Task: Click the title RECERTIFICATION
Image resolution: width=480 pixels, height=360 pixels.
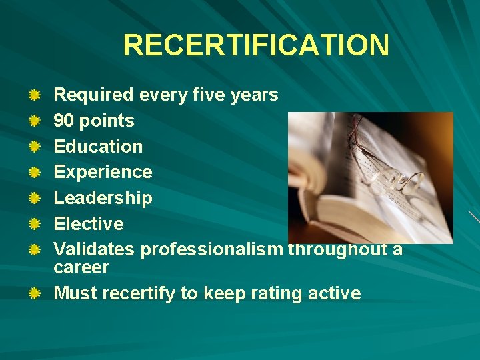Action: click(x=256, y=45)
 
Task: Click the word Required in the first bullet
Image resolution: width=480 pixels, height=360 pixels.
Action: click(x=93, y=95)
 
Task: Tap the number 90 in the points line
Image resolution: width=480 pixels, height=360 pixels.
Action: click(x=64, y=121)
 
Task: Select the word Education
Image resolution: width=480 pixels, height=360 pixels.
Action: click(x=98, y=147)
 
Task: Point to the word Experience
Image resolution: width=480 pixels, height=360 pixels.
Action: click(x=103, y=172)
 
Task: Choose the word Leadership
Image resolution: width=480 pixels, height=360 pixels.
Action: click(x=103, y=198)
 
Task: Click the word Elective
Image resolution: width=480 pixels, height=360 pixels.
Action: click(x=89, y=223)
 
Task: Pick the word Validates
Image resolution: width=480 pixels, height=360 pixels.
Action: click(x=94, y=249)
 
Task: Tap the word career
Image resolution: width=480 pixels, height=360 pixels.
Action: click(x=81, y=267)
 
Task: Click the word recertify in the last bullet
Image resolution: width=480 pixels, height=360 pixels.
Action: click(x=138, y=293)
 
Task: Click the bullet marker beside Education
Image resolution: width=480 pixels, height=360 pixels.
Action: click(x=35, y=147)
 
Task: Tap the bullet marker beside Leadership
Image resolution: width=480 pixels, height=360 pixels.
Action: click(x=35, y=198)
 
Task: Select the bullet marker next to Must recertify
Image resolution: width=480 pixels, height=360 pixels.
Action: click(x=35, y=293)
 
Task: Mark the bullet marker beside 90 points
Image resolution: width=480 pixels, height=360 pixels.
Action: click(x=35, y=121)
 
